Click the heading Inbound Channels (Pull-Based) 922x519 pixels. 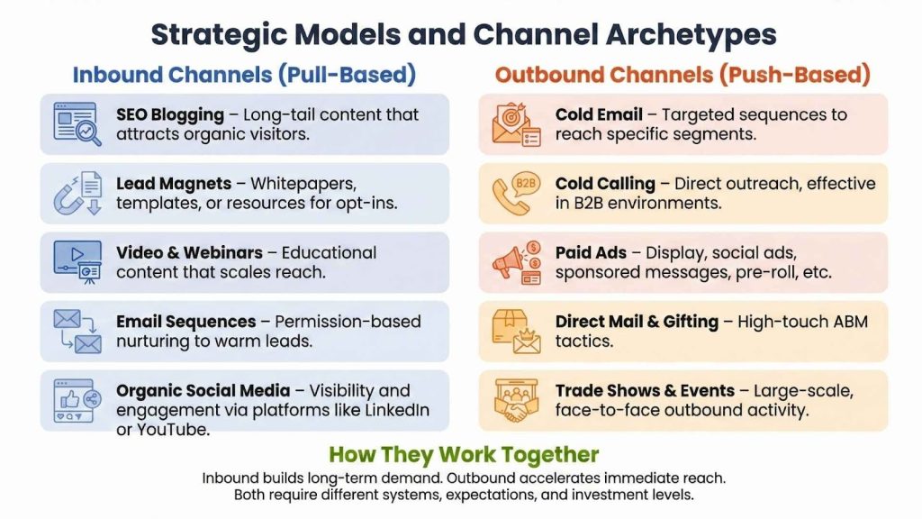244,75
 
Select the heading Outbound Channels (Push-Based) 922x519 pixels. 682,75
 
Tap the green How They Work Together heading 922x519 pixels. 463,454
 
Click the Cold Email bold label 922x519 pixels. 599,114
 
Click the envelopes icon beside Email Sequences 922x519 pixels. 77,332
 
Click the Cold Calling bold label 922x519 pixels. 606,184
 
